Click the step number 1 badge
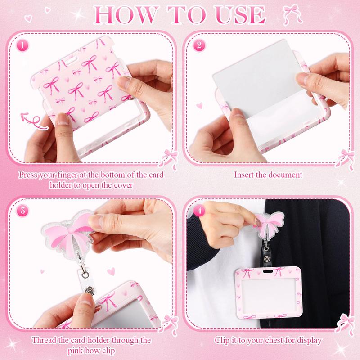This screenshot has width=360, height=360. (x=22, y=45)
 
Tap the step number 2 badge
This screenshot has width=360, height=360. (x=199, y=45)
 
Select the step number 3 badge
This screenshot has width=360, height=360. (x=22, y=211)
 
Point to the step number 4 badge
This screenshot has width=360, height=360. (x=199, y=211)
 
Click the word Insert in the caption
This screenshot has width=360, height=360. (x=244, y=175)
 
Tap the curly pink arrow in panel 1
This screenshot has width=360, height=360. (x=34, y=121)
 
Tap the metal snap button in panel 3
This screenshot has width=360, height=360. (x=89, y=290)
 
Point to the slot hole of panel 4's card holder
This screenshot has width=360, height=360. (x=268, y=271)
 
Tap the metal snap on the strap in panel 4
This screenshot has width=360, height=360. (x=266, y=259)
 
